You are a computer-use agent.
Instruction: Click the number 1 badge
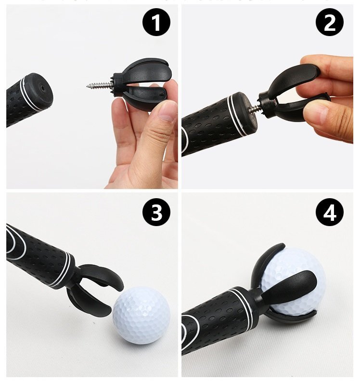tap(156, 22)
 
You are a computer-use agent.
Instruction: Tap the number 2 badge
tap(330, 22)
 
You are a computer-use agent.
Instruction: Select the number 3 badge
tap(156, 212)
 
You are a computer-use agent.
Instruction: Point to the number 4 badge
tap(330, 212)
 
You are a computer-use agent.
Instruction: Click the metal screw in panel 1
tap(100, 85)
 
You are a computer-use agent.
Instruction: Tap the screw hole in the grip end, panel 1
tap(42, 88)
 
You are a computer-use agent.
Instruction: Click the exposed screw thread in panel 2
tap(255, 108)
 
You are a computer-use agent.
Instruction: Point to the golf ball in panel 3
tap(141, 315)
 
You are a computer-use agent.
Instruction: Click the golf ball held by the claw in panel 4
tap(293, 282)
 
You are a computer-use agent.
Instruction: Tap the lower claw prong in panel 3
tap(89, 301)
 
